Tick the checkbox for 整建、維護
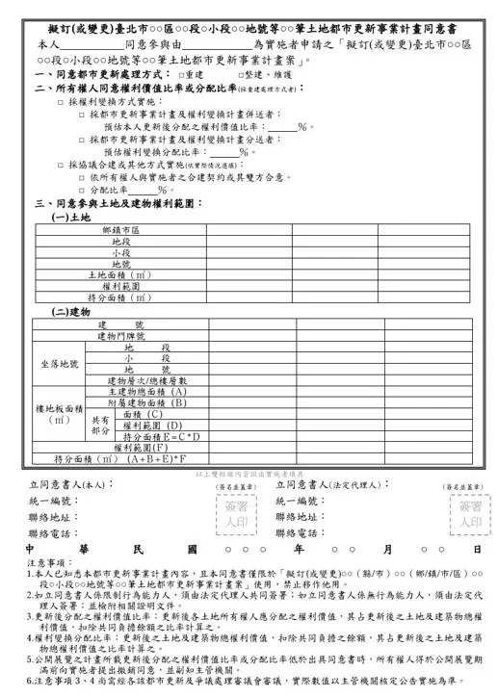point(235,74)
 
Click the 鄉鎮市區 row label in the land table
point(120,231)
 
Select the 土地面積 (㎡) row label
point(120,274)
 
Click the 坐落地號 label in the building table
point(60,364)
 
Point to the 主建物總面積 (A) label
point(147,392)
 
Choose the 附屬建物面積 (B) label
point(147,402)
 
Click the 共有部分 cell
point(100,426)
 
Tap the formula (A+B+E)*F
point(155,459)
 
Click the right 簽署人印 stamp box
point(470,514)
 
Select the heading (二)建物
point(71,312)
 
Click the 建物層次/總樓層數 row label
point(147,381)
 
